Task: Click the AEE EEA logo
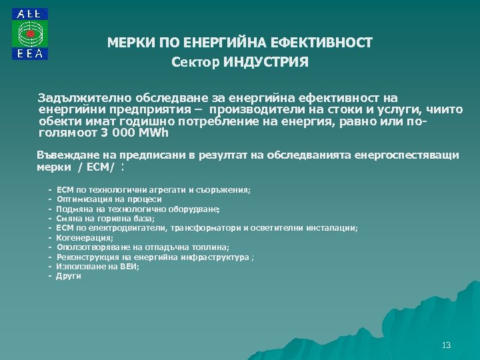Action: tap(29, 35)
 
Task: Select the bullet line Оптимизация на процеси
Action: tap(109, 199)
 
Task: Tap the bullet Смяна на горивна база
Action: tap(105, 218)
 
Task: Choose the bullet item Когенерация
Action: tap(85, 237)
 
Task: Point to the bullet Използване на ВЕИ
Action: tap(97, 266)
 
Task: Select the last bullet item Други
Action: tap(69, 275)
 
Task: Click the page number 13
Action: tap(446, 345)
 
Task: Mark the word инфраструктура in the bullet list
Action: tap(209, 257)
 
